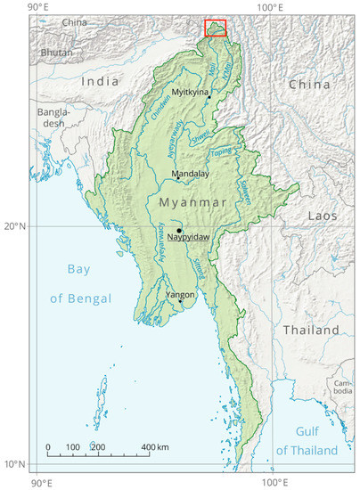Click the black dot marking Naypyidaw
pos(179,231)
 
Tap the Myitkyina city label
pos(191,92)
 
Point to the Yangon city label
pos(181,294)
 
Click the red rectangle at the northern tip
pos(216,29)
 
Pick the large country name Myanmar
pos(192,203)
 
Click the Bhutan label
pos(56,53)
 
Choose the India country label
pos(100,81)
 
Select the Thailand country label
pos(311,330)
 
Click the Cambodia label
pos(343,387)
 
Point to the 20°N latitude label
pos(16,226)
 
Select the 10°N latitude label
pos(16,464)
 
